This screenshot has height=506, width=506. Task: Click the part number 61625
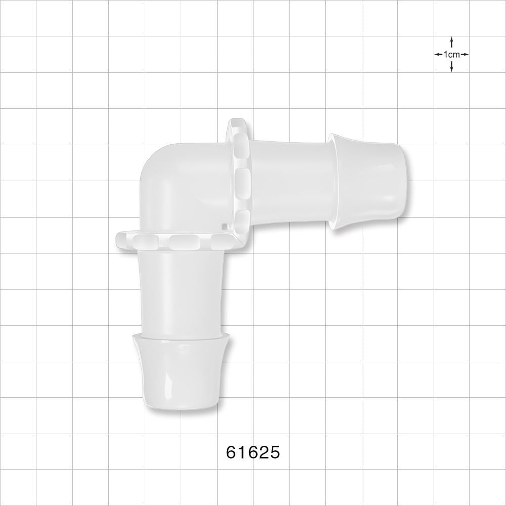click(x=252, y=452)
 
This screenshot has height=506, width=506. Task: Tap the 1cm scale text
click(x=451, y=54)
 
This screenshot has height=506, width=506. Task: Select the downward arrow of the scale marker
click(x=451, y=67)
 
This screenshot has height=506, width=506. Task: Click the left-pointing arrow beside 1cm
click(x=438, y=54)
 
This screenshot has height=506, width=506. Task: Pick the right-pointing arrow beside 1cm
click(x=465, y=54)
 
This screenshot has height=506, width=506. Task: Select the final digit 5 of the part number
click(x=274, y=452)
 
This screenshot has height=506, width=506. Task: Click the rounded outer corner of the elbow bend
click(x=152, y=162)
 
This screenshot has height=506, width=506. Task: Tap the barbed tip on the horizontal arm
click(x=367, y=182)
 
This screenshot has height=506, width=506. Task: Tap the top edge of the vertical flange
click(x=236, y=121)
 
